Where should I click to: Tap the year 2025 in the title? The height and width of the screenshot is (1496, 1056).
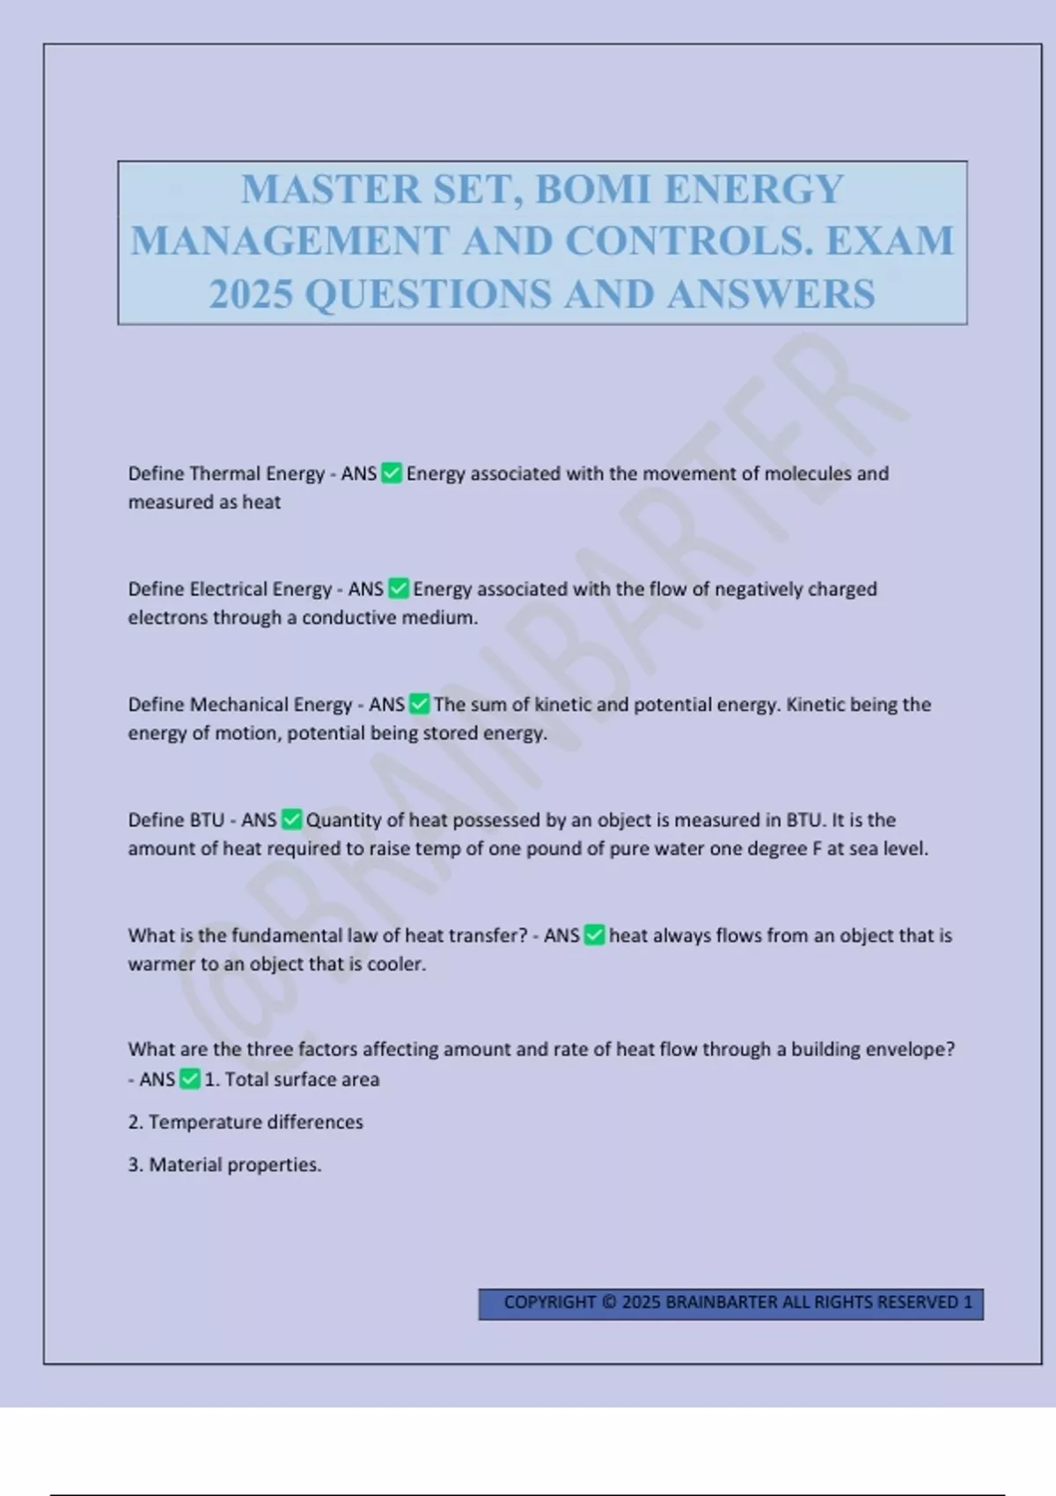(x=251, y=294)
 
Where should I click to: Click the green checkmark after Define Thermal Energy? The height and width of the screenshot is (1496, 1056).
(x=392, y=473)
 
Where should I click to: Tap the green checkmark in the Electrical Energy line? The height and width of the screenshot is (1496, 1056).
(x=399, y=589)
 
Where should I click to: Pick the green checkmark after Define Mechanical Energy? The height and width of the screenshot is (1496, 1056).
(x=420, y=704)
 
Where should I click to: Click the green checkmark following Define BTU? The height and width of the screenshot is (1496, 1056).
(x=291, y=819)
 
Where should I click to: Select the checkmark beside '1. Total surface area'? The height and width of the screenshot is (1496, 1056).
(x=190, y=1079)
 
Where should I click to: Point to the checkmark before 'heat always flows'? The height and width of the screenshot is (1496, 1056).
(x=595, y=935)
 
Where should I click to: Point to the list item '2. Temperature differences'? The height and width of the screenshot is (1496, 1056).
(x=246, y=1122)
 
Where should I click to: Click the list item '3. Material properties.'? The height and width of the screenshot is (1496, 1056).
(x=224, y=1164)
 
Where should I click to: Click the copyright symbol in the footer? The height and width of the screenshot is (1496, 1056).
(x=609, y=1302)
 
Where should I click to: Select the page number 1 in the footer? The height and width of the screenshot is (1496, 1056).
(x=968, y=1302)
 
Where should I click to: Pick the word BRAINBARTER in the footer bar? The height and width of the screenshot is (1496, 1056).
(x=722, y=1302)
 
